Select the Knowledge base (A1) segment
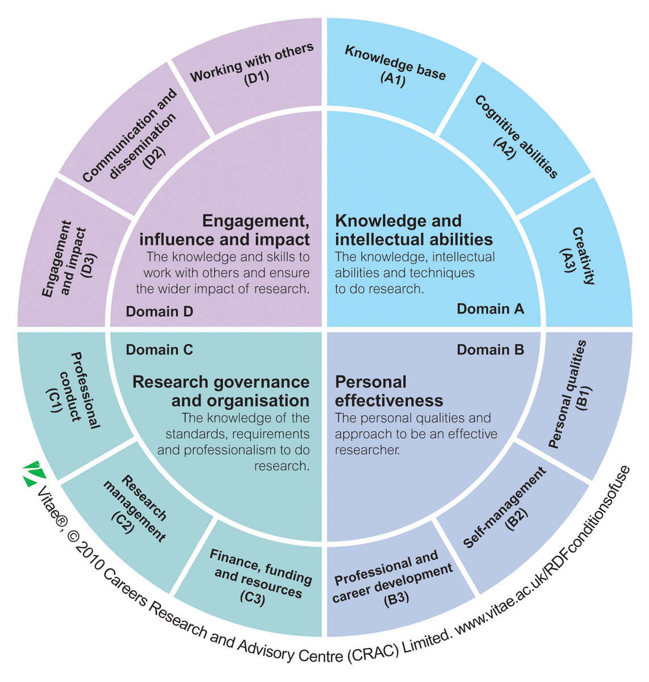[x=395, y=66]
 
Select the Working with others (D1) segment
[x=253, y=66]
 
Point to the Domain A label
[x=490, y=309]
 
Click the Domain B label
[x=490, y=350]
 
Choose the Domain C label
[x=160, y=350]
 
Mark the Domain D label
[x=160, y=311]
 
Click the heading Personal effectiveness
[x=389, y=391]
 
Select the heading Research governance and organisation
[x=221, y=391]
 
